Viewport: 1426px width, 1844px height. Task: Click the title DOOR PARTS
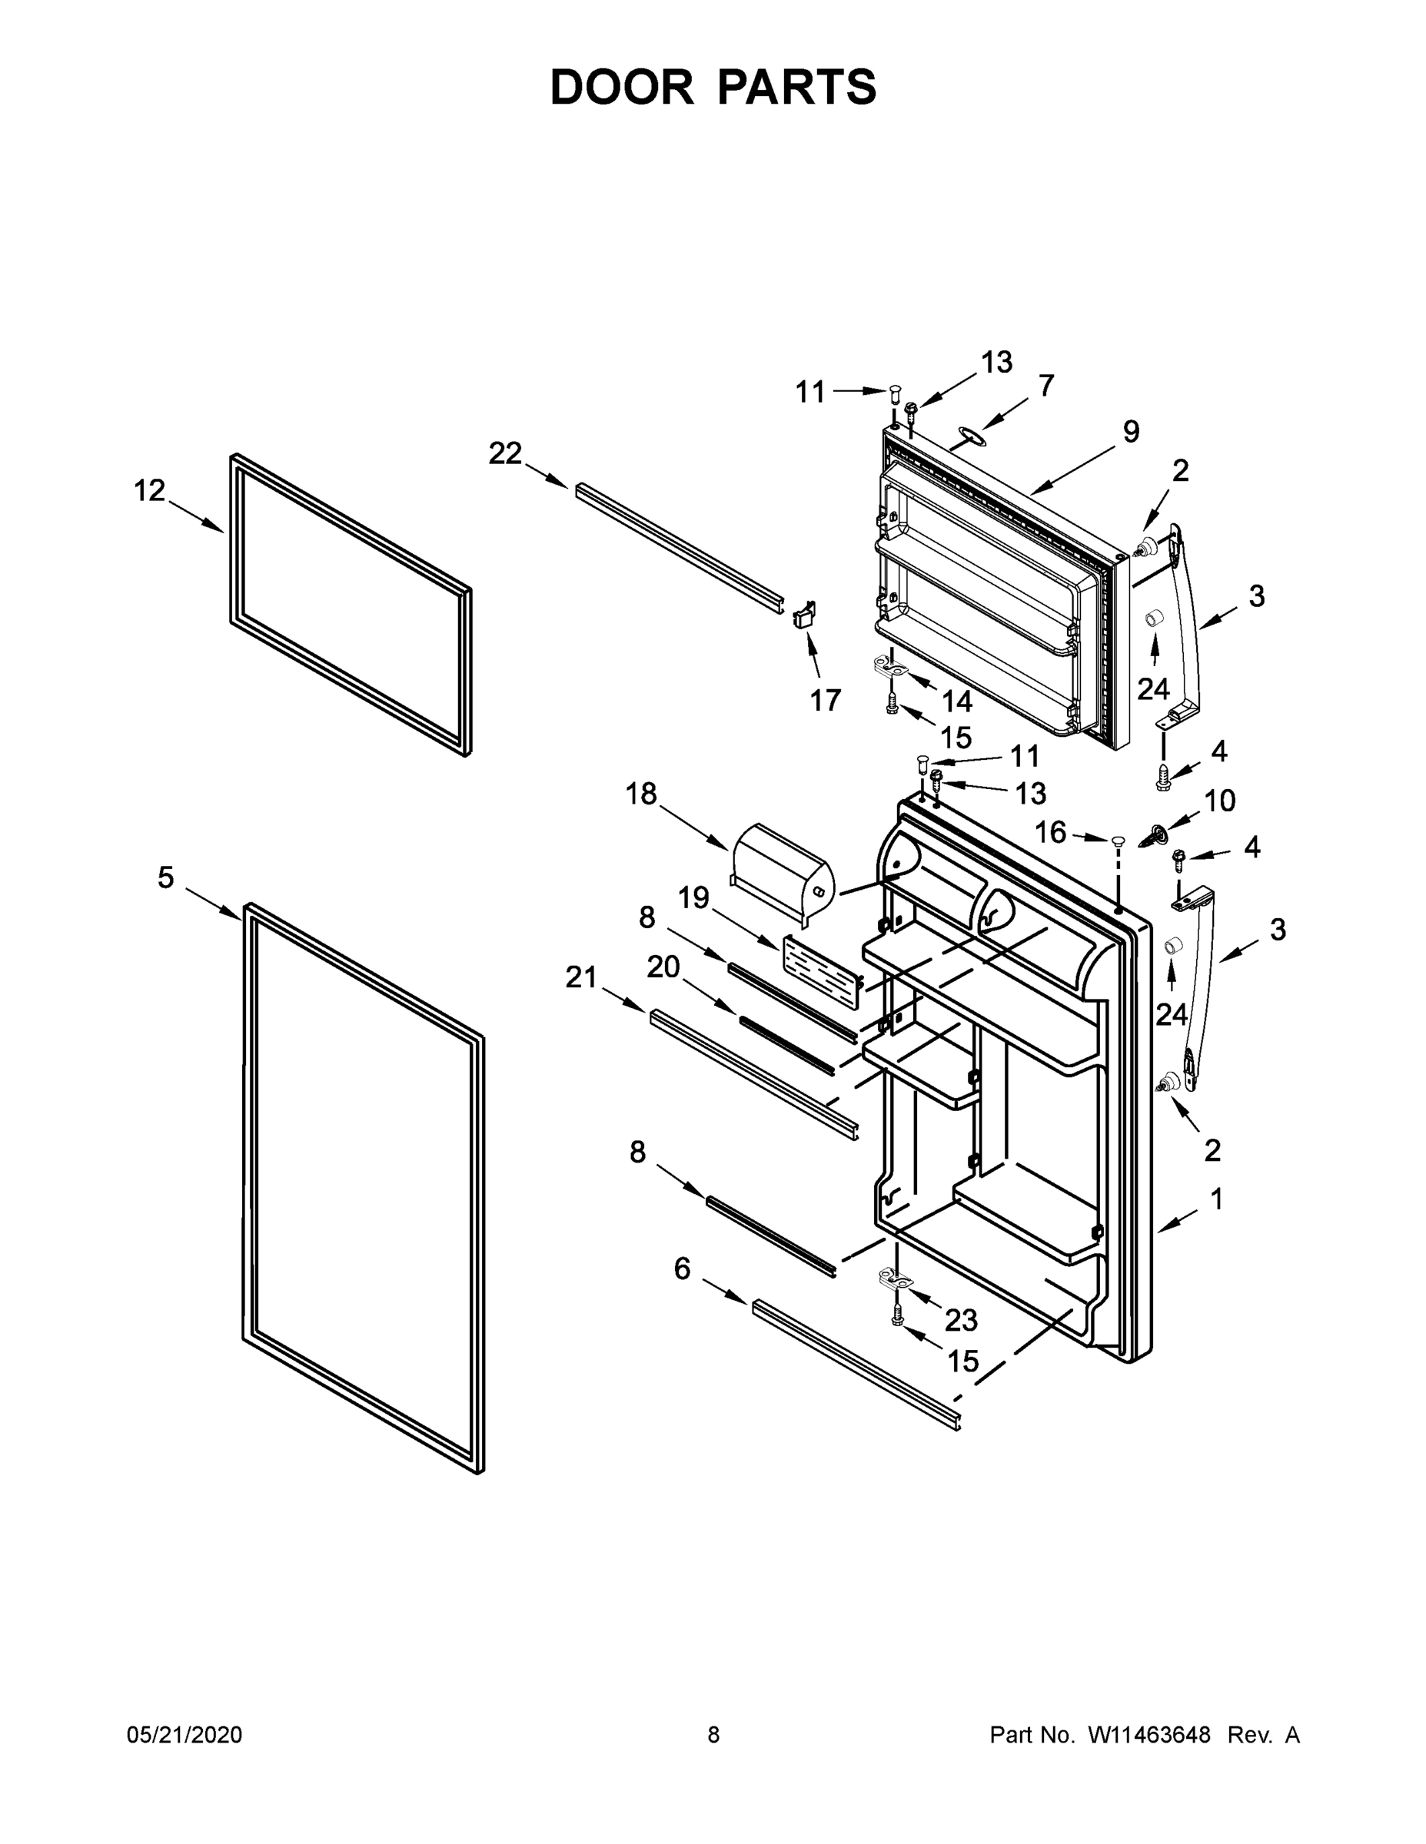pyautogui.click(x=713, y=87)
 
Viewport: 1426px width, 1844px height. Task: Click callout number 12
pyautogui.click(x=150, y=490)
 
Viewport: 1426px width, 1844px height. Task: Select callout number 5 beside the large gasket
pyautogui.click(x=165, y=878)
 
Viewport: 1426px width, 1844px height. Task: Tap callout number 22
pyautogui.click(x=505, y=453)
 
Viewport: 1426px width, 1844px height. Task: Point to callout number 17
pyautogui.click(x=826, y=699)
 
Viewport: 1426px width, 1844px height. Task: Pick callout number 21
pyautogui.click(x=581, y=978)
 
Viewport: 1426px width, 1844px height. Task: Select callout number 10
pyautogui.click(x=1219, y=801)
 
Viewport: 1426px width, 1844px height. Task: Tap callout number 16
pyautogui.click(x=1051, y=833)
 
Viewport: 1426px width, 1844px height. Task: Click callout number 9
pyautogui.click(x=1130, y=432)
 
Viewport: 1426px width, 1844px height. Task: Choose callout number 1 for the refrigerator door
pyautogui.click(x=1216, y=1199)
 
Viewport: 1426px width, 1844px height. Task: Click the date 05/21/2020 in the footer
pyautogui.click(x=184, y=1735)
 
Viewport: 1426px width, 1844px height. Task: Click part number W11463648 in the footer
pyautogui.click(x=1149, y=1735)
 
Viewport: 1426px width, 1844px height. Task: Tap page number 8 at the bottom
pyautogui.click(x=713, y=1735)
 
